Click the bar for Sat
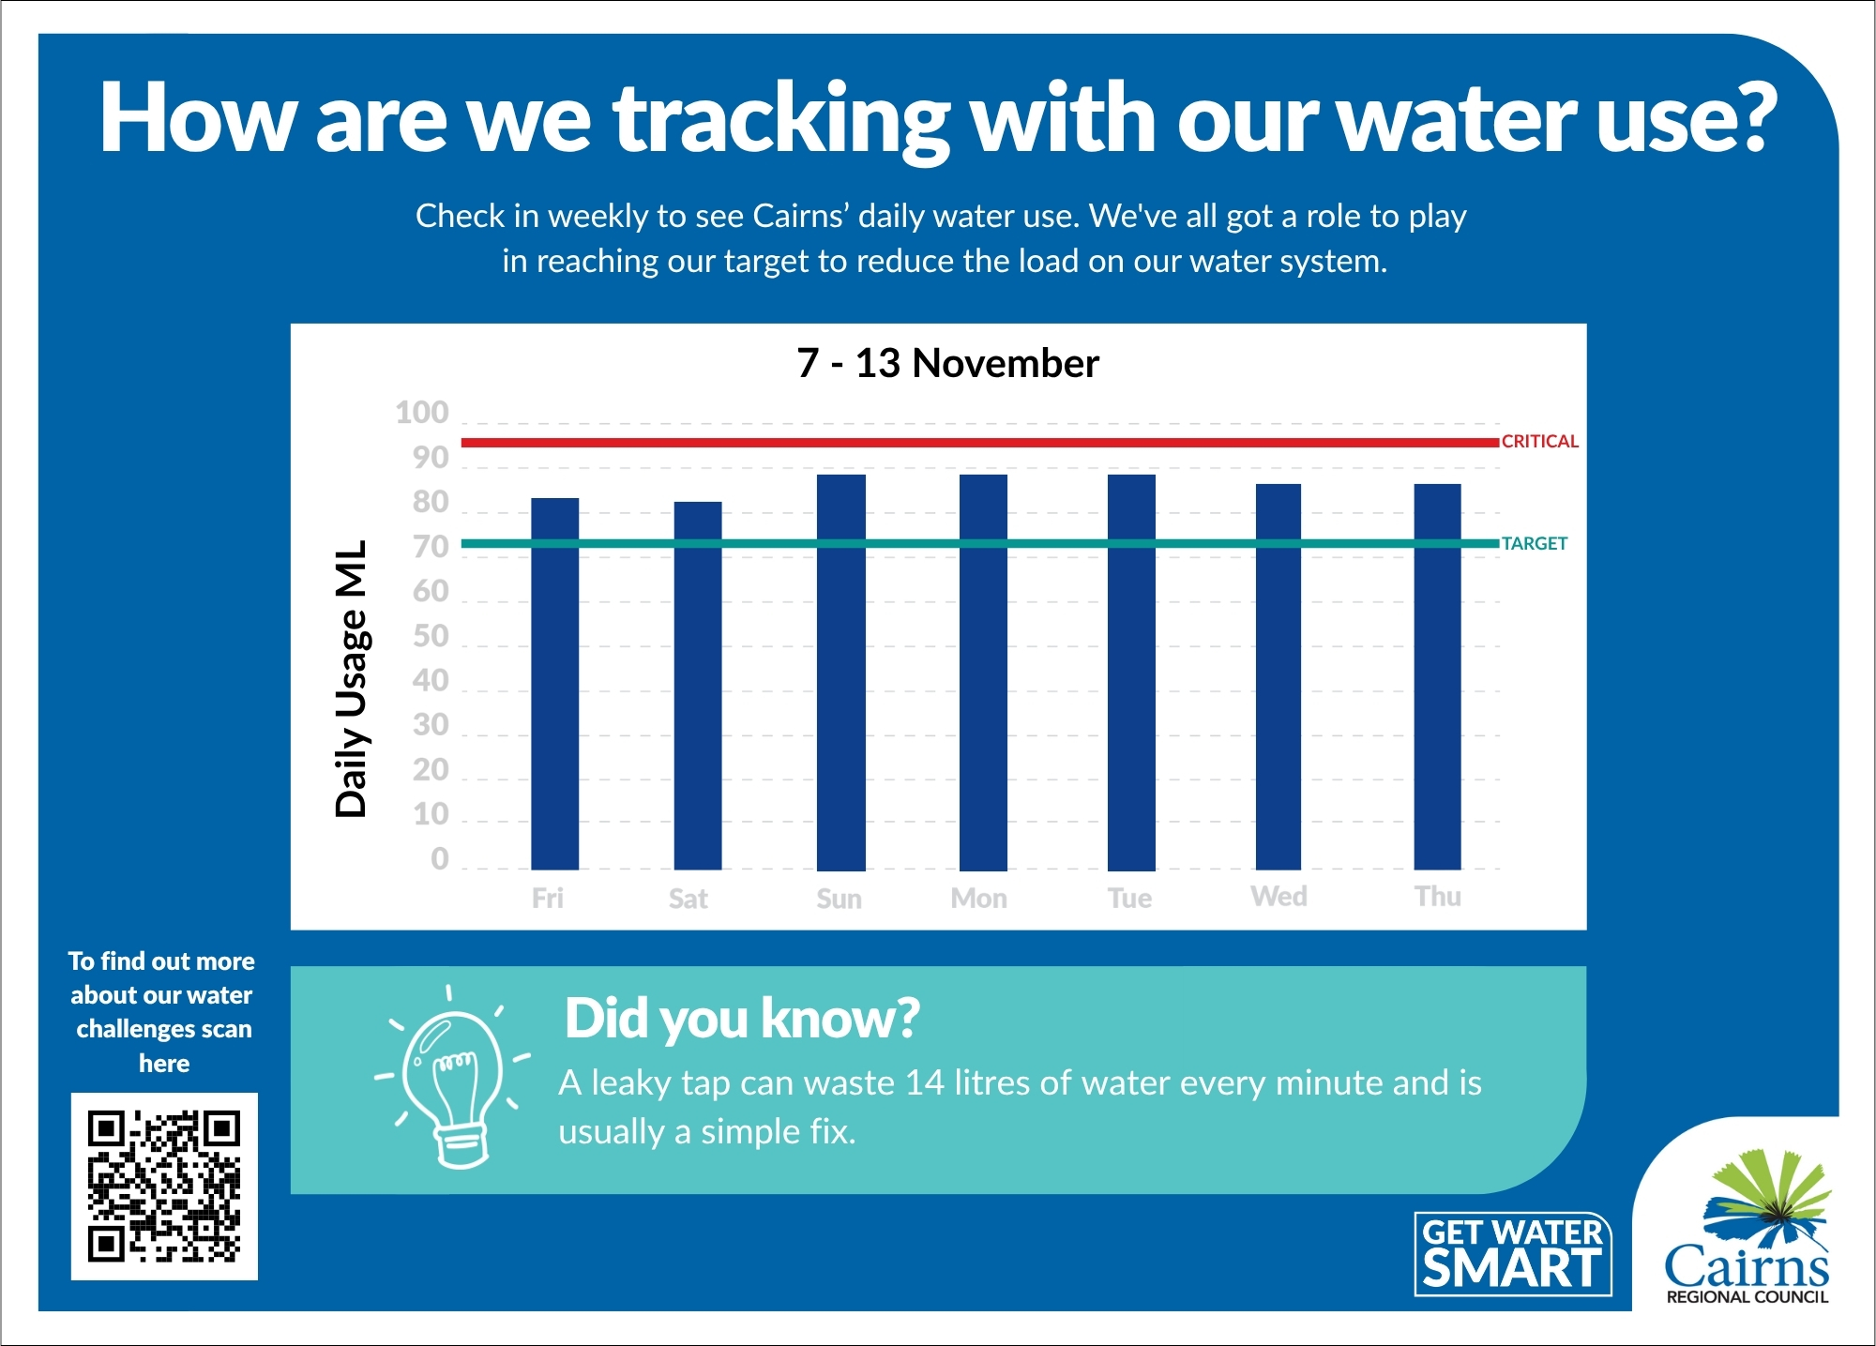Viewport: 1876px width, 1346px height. click(697, 685)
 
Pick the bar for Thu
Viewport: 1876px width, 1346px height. click(1437, 676)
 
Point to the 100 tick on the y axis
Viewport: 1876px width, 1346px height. click(422, 413)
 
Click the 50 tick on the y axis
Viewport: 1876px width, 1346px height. click(431, 637)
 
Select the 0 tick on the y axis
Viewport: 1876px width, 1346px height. click(439, 859)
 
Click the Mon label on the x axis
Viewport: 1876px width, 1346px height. click(978, 899)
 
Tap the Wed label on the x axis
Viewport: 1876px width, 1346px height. click(1278, 897)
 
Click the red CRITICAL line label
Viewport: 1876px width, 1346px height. click(1539, 442)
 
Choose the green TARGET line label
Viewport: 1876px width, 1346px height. click(1534, 544)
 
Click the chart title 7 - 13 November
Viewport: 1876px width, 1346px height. click(947, 364)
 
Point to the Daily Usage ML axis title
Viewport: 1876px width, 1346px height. click(352, 678)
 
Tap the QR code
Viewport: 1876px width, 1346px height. click(164, 1186)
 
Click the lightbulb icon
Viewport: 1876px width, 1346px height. click(452, 1079)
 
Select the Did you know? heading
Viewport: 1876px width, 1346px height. click(742, 1019)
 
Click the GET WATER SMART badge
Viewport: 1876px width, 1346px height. click(1512, 1254)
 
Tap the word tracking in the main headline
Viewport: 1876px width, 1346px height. click(781, 119)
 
